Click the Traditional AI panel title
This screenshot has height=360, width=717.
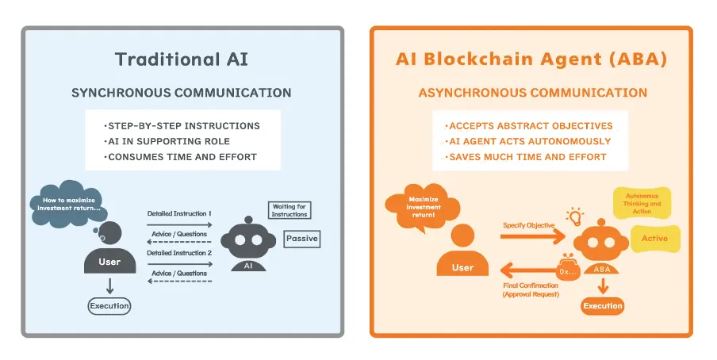182,59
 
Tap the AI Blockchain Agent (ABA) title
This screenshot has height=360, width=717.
531,59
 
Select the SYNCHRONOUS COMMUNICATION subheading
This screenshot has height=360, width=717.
182,93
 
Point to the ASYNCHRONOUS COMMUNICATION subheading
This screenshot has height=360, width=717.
532,93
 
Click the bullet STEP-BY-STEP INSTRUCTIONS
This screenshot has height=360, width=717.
182,126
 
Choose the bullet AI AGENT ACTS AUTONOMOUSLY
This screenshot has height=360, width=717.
530,141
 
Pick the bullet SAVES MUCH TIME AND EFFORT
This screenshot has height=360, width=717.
527,156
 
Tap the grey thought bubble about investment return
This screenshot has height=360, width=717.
66,205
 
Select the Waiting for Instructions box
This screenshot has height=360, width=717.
289,210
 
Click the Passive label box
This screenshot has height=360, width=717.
301,238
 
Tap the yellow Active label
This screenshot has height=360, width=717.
655,238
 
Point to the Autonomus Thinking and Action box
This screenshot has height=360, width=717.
642,204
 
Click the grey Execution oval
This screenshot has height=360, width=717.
109,304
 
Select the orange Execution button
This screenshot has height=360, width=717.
603,305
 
